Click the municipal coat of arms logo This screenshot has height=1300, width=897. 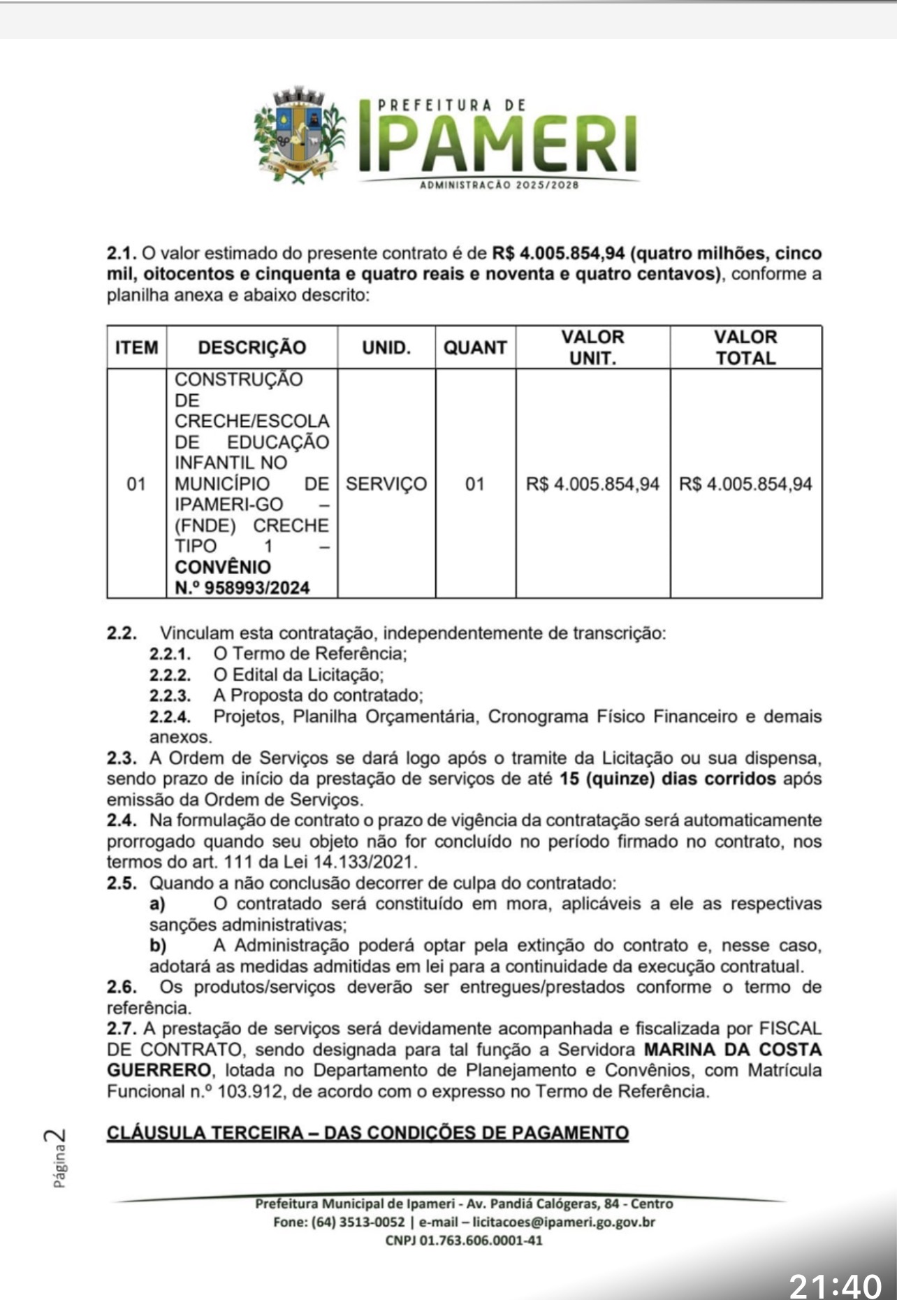pyautogui.click(x=300, y=136)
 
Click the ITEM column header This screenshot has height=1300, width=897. pyautogui.click(x=137, y=347)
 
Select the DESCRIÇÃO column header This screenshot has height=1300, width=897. pyautogui.click(x=251, y=347)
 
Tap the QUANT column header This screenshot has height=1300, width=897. pyautogui.click(x=475, y=347)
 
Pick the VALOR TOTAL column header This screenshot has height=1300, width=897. pyautogui.click(x=745, y=347)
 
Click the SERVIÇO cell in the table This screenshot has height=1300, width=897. pyautogui.click(x=386, y=484)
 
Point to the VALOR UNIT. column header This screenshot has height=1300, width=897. pyautogui.click(x=592, y=347)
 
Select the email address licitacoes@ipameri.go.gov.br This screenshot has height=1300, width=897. pyautogui.click(x=564, y=1222)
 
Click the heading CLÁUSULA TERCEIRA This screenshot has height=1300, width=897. pyautogui.click(x=367, y=1132)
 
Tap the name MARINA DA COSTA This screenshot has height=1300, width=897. pyautogui.click(x=732, y=1049)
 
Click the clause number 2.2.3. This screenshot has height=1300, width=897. pyautogui.click(x=170, y=695)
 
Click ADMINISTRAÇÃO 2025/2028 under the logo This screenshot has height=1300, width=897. pyautogui.click(x=499, y=185)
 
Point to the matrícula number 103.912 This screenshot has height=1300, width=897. pyautogui.click(x=249, y=1091)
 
